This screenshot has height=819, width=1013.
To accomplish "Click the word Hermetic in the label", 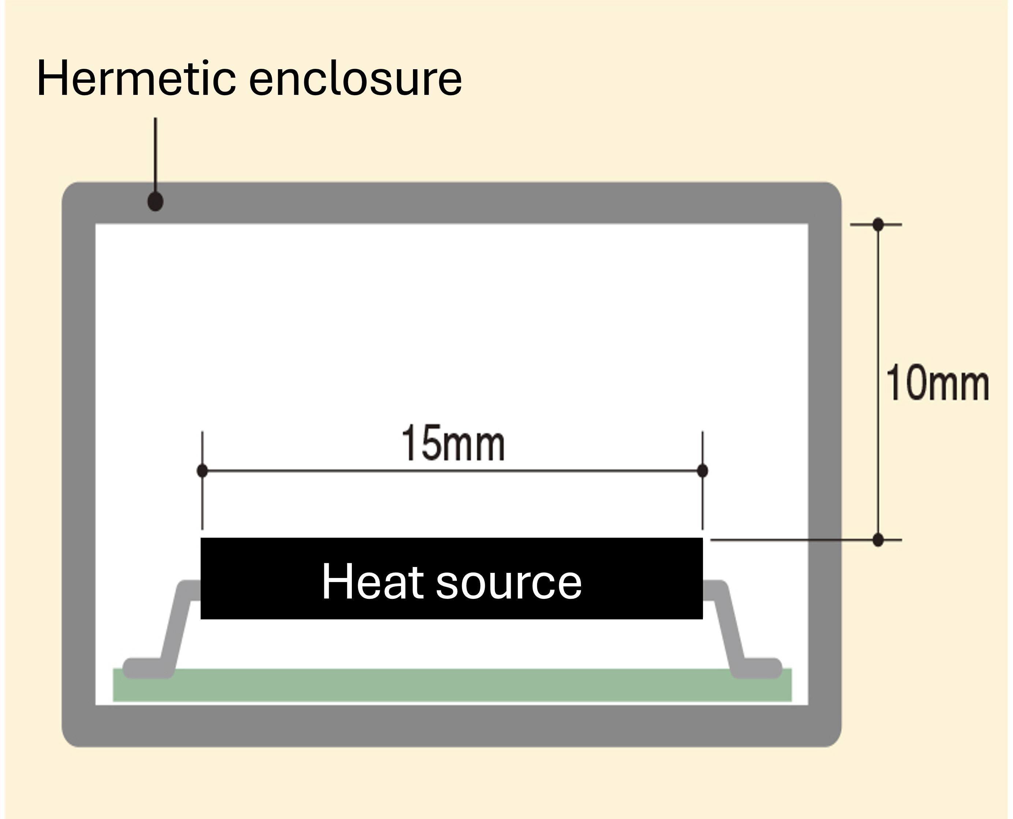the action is pos(136,78).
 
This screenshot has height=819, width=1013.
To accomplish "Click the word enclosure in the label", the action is pos(355,78).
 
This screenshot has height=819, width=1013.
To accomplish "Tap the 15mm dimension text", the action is pos(453,442).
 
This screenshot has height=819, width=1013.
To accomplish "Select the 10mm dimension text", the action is pos(938,383).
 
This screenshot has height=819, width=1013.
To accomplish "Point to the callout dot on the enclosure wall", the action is pos(156,201).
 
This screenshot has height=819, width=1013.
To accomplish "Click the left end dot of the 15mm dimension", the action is pos(202,470).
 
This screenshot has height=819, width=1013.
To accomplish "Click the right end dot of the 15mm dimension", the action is pos(702,470).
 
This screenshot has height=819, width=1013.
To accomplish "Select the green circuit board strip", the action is pos(452,685).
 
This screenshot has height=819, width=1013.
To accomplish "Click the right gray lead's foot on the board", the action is pos(756,668).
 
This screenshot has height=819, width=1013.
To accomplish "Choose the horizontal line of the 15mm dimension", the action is pos(452,470).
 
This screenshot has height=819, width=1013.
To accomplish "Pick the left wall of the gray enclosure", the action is pos(79,464).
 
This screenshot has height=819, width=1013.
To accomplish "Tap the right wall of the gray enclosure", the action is pos(825,464).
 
